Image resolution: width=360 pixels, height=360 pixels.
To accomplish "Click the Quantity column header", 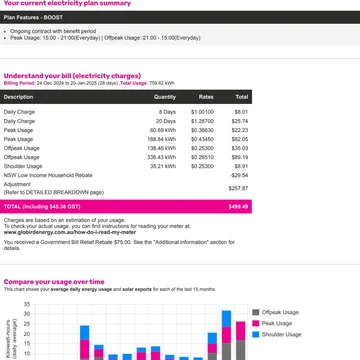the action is click(164, 96).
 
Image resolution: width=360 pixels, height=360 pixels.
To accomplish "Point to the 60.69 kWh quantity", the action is click(163, 129).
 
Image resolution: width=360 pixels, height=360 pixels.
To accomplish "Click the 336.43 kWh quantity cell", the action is click(162, 157).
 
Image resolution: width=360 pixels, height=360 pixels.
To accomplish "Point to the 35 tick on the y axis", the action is click(27, 303).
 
